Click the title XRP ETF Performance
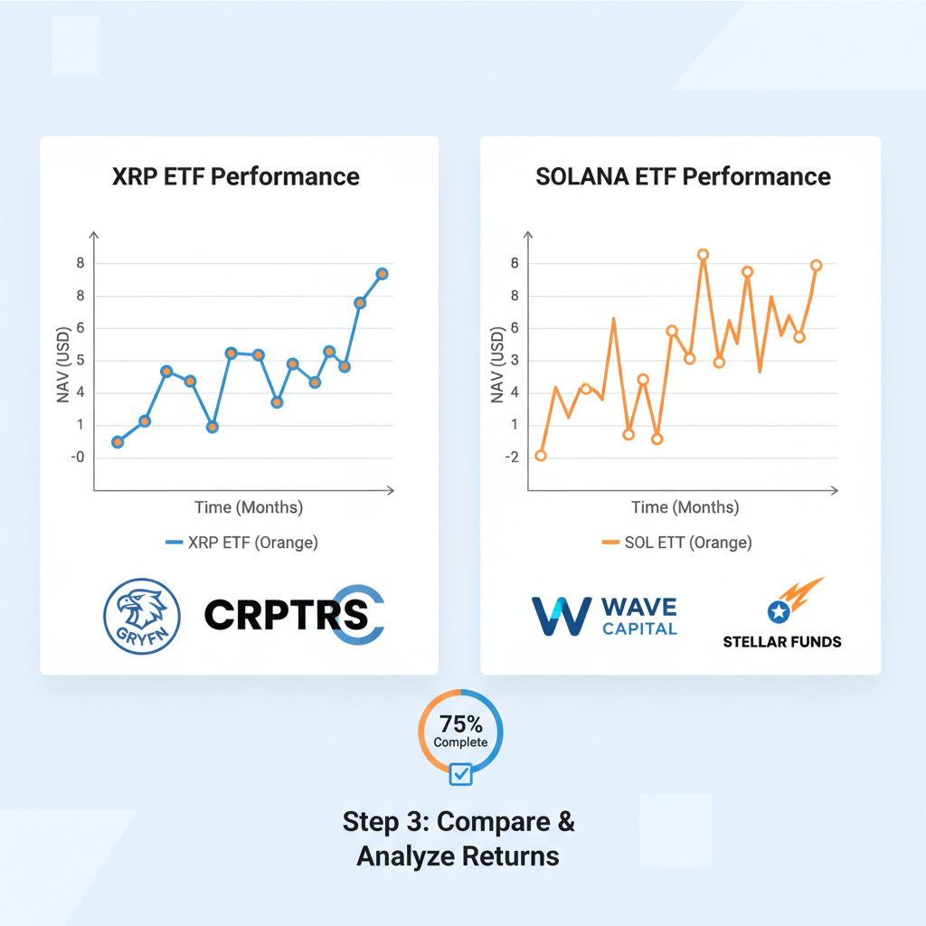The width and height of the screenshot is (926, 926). [236, 176]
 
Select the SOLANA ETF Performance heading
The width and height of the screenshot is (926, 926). [683, 176]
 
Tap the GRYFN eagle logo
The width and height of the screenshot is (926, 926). [142, 617]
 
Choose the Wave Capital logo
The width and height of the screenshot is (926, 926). [603, 616]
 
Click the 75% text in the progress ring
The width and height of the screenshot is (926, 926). [460, 723]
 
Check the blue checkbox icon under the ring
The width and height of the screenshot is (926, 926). [460, 774]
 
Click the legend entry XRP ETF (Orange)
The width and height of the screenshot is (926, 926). [241, 543]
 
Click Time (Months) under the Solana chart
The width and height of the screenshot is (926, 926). [685, 507]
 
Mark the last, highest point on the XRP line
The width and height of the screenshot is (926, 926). [382, 274]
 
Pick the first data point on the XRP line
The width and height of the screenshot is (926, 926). [118, 441]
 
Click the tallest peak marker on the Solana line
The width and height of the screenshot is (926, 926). [703, 255]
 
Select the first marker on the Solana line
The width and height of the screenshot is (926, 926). [541, 455]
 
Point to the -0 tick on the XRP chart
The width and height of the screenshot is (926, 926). [77, 458]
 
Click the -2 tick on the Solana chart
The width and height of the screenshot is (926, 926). [513, 458]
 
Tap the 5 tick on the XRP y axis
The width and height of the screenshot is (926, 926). [80, 360]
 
